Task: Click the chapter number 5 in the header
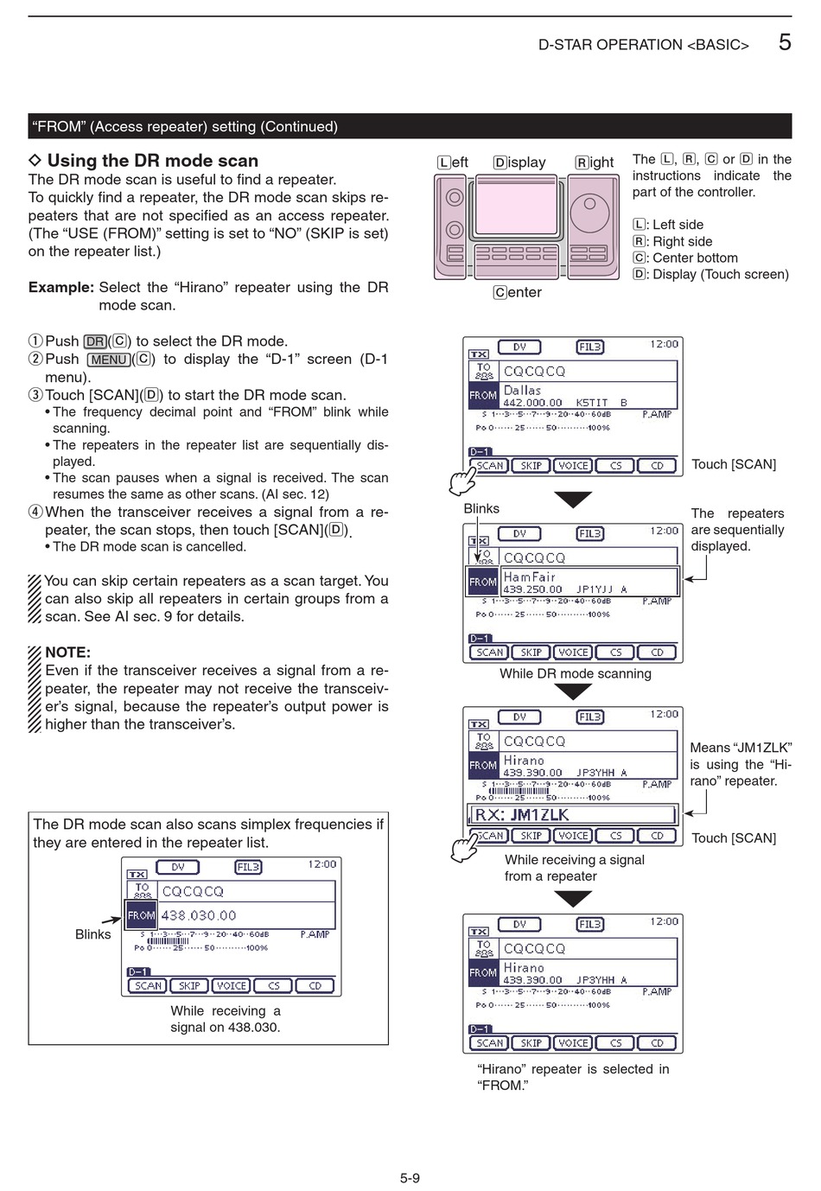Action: pyautogui.click(x=784, y=41)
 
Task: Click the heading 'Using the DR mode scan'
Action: pyautogui.click(x=152, y=161)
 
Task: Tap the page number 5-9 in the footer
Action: pyautogui.click(x=410, y=1177)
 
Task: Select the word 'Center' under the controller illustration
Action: pyautogui.click(x=518, y=292)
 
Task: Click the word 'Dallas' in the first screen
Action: pyautogui.click(x=522, y=391)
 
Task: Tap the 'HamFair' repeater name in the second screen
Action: pyautogui.click(x=529, y=577)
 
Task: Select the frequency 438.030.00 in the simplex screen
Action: pyautogui.click(x=199, y=915)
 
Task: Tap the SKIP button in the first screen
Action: pyautogui.click(x=531, y=466)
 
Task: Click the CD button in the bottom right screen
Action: pyautogui.click(x=657, y=1043)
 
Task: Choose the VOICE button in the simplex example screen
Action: pyautogui.click(x=231, y=985)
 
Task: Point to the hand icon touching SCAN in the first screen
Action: pyautogui.click(x=462, y=481)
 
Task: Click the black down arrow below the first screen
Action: pyautogui.click(x=572, y=500)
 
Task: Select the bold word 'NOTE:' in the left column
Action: pyautogui.click(x=67, y=653)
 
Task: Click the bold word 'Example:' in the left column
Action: pyautogui.click(x=60, y=287)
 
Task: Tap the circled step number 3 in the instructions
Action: pyautogui.click(x=35, y=395)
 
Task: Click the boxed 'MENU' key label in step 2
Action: pyautogui.click(x=109, y=360)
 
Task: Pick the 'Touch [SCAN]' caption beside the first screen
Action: pyautogui.click(x=734, y=464)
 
